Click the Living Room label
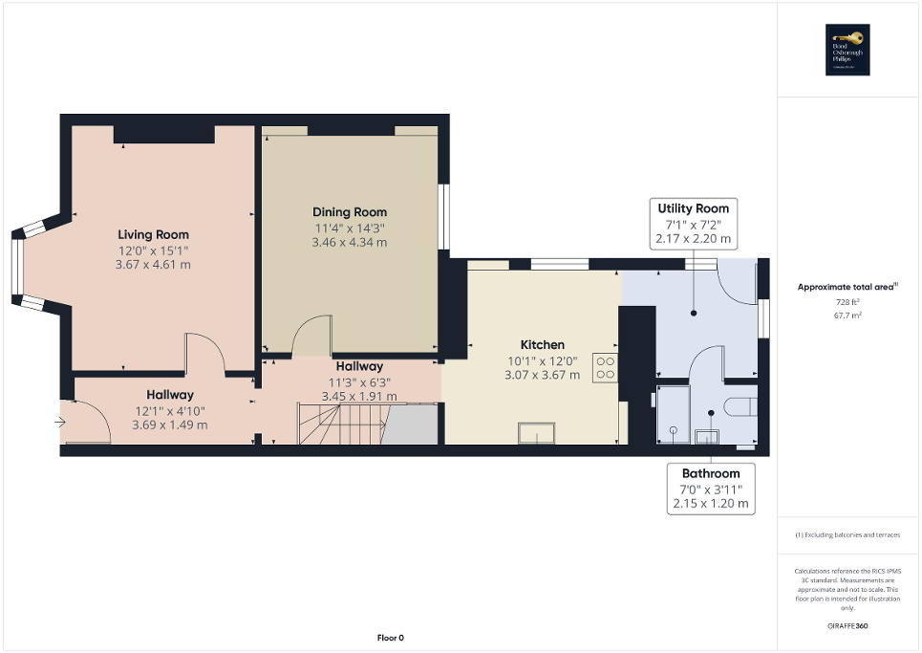click(153, 234)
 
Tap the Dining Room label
click(350, 212)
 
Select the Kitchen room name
click(542, 345)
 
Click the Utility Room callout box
click(694, 223)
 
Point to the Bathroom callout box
click(710, 488)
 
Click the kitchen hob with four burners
click(604, 368)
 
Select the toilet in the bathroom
click(740, 407)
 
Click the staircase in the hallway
click(342, 424)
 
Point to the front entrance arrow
click(62, 421)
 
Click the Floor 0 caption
click(390, 638)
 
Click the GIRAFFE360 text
click(848, 626)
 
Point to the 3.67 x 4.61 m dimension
click(153, 264)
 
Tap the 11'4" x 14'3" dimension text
click(350, 228)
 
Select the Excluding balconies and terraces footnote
click(848, 534)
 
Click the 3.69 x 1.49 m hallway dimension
click(169, 424)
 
